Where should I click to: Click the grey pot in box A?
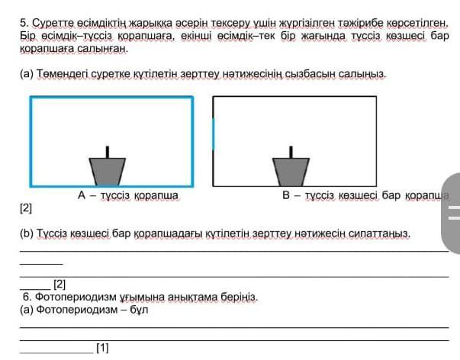(x=107, y=171)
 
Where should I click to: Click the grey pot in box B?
(x=291, y=171)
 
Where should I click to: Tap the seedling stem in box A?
(x=107, y=151)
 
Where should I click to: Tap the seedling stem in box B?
(x=291, y=151)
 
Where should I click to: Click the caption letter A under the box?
(x=82, y=196)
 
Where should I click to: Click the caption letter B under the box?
(x=286, y=196)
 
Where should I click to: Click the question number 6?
(x=27, y=297)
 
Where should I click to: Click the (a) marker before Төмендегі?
(x=27, y=74)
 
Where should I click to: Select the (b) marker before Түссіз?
(x=27, y=233)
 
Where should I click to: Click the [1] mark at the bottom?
(x=102, y=349)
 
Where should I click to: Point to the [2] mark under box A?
(x=26, y=207)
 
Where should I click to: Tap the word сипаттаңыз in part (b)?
(x=381, y=233)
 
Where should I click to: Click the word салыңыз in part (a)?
(x=366, y=74)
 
